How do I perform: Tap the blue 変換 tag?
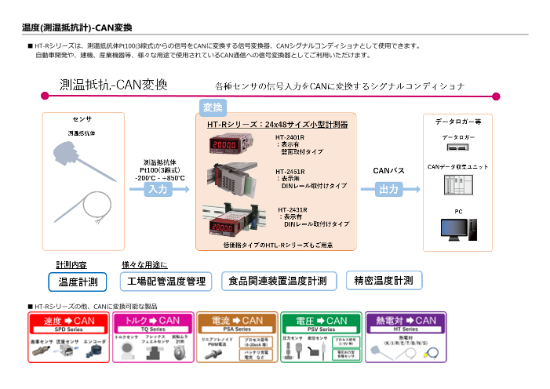click(213, 107)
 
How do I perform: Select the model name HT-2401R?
click(290, 137)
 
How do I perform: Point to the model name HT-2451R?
click(290, 171)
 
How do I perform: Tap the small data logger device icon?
click(458, 147)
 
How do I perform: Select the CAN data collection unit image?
click(458, 185)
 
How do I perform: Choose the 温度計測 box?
click(78, 281)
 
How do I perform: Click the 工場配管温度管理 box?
click(166, 281)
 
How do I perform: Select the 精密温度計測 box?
click(384, 280)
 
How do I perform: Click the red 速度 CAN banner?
click(69, 321)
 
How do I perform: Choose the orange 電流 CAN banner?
click(237, 321)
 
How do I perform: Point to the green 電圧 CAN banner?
click(321, 321)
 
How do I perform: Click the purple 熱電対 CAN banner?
click(406, 321)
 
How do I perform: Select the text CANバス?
click(388, 169)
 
